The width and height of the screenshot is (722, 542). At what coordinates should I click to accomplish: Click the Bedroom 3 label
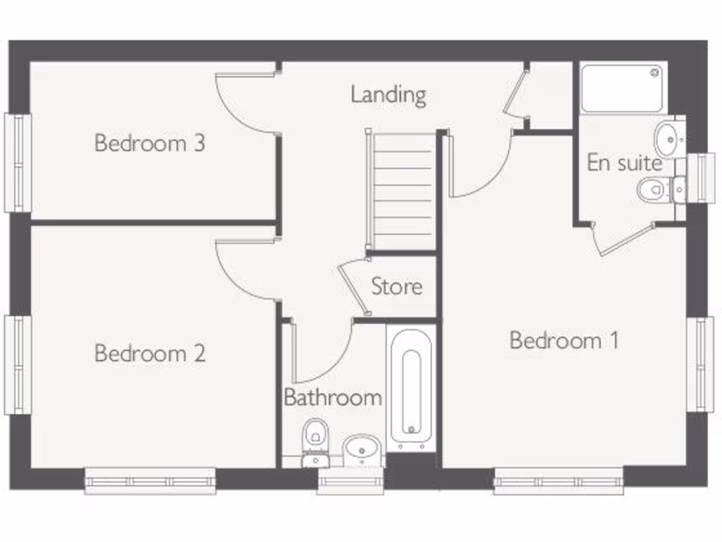tap(149, 143)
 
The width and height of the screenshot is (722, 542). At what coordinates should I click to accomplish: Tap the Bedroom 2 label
tap(149, 352)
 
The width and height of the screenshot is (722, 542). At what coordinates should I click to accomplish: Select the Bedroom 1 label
tap(564, 340)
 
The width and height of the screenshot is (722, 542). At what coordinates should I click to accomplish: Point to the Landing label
tap(388, 95)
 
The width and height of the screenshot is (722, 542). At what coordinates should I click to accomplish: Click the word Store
tap(397, 287)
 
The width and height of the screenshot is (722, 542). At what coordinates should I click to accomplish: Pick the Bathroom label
tap(333, 397)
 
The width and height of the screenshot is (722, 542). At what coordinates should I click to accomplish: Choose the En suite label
tap(625, 163)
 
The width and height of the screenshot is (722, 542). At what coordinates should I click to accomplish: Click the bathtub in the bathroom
tap(411, 386)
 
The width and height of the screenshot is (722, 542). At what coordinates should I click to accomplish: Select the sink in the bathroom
tap(363, 448)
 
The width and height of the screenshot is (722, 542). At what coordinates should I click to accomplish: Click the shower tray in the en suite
tap(622, 88)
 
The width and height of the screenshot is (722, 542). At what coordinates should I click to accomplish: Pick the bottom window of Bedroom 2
tap(150, 482)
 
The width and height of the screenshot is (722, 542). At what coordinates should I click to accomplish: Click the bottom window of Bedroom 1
tap(558, 482)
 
